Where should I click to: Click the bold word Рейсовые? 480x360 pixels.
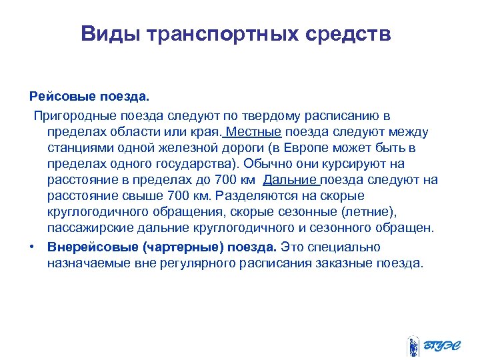pos(59,98)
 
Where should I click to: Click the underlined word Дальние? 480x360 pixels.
pos(291,180)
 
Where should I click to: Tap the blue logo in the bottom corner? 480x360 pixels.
pos(430,343)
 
